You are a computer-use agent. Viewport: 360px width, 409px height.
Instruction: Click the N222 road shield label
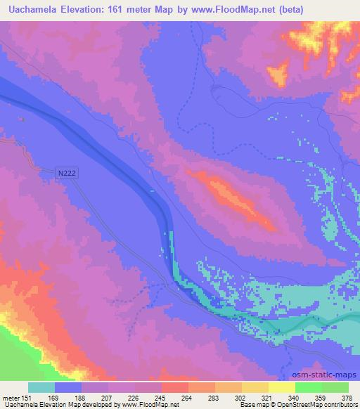point(66,172)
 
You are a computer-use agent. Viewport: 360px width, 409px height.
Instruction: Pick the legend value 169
point(55,398)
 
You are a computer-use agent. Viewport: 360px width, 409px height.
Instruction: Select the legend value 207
point(109,398)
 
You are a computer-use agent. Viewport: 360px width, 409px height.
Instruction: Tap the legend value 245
point(162,398)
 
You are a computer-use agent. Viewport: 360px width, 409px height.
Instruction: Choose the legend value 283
point(215,398)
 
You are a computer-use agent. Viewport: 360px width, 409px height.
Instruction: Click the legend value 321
point(269,398)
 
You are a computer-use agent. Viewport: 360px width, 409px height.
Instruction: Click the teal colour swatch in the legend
point(41,387)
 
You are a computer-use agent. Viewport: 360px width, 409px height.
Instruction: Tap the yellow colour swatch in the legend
point(281,387)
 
